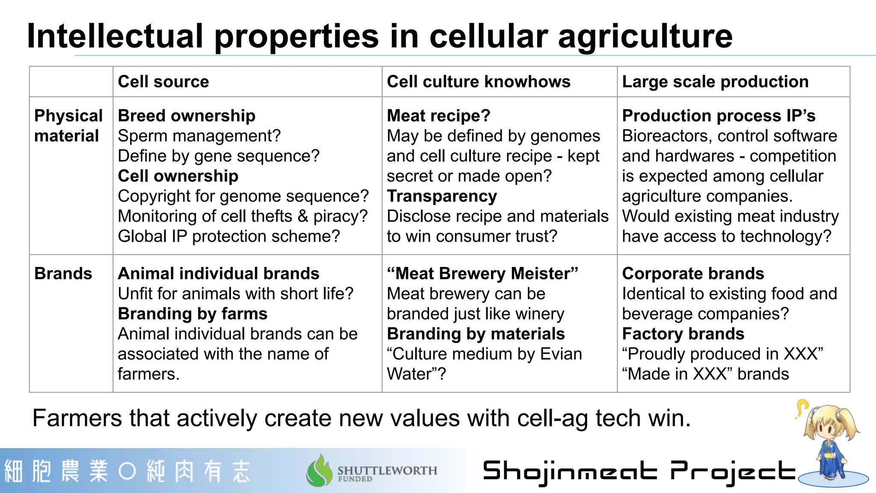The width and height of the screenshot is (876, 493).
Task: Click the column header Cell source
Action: click(x=163, y=82)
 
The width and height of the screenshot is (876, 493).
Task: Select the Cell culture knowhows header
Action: click(x=478, y=82)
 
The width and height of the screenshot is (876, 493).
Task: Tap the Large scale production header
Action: click(x=715, y=82)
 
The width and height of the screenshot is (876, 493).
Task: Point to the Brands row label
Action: click(x=63, y=273)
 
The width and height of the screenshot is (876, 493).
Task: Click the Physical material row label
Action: click(x=68, y=126)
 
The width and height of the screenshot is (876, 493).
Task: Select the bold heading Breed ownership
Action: click(x=186, y=116)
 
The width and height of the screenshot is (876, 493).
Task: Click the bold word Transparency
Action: click(x=442, y=196)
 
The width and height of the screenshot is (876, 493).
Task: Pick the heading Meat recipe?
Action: click(x=438, y=116)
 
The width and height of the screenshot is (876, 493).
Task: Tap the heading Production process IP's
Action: click(x=719, y=116)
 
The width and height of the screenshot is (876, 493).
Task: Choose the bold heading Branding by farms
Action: click(x=192, y=314)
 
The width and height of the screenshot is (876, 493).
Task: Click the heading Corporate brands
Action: click(x=693, y=273)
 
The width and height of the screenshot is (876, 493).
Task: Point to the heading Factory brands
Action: click(x=683, y=334)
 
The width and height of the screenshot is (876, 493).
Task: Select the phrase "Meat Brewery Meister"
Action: click(x=482, y=273)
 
